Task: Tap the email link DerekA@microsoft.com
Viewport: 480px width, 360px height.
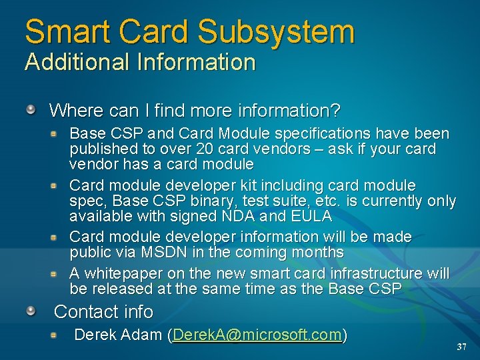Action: tap(257, 335)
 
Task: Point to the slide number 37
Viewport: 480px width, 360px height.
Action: tap(461, 347)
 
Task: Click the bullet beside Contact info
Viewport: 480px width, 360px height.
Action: tap(31, 311)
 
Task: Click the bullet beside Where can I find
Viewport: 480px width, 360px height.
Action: tap(31, 108)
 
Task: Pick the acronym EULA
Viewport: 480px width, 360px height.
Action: tap(312, 217)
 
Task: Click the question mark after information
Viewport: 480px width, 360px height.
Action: tap(335, 109)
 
